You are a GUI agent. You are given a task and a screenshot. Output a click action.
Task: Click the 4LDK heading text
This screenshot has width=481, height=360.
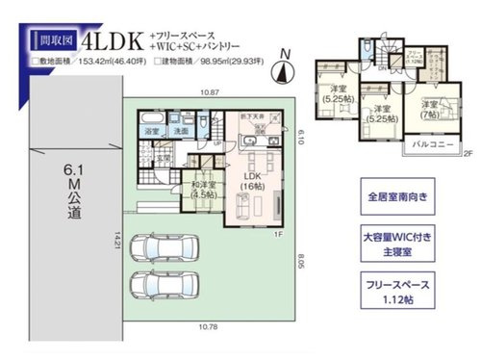click(x=114, y=42)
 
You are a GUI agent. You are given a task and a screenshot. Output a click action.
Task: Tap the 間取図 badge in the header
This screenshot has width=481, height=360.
click(x=54, y=42)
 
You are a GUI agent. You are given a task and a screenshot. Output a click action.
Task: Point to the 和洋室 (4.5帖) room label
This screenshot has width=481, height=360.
click(x=204, y=191)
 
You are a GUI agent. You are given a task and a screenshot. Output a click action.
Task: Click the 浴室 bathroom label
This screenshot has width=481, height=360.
click(x=152, y=129)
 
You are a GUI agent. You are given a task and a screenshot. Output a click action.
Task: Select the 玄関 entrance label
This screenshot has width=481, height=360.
click(x=165, y=160)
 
